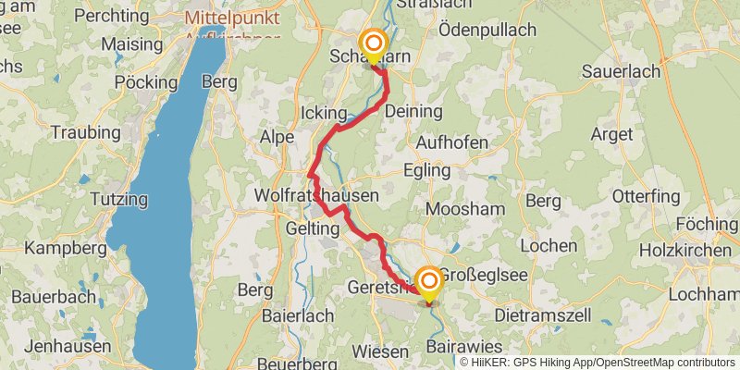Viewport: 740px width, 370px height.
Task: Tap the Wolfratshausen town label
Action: point(316,196)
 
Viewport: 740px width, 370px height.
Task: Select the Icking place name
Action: point(323,113)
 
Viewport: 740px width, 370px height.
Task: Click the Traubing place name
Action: point(86,133)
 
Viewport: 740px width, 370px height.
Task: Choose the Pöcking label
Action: point(147,82)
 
